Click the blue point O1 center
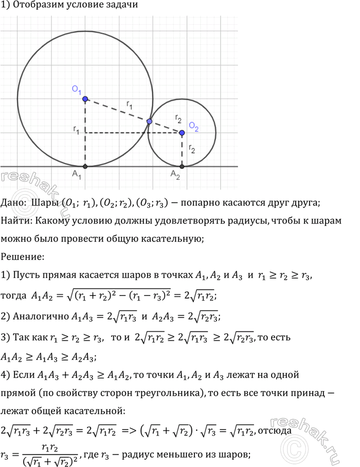click(x=85, y=99)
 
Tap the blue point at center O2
click(x=182, y=133)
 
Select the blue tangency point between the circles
click(x=149, y=121)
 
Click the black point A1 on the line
click(x=85, y=166)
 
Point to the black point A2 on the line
click(x=182, y=166)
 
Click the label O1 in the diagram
click(x=77, y=90)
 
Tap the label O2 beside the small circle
click(x=193, y=126)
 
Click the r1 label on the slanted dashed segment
click(x=130, y=105)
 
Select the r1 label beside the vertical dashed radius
click(x=76, y=132)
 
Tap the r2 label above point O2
click(x=178, y=119)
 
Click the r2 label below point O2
click(x=192, y=149)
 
